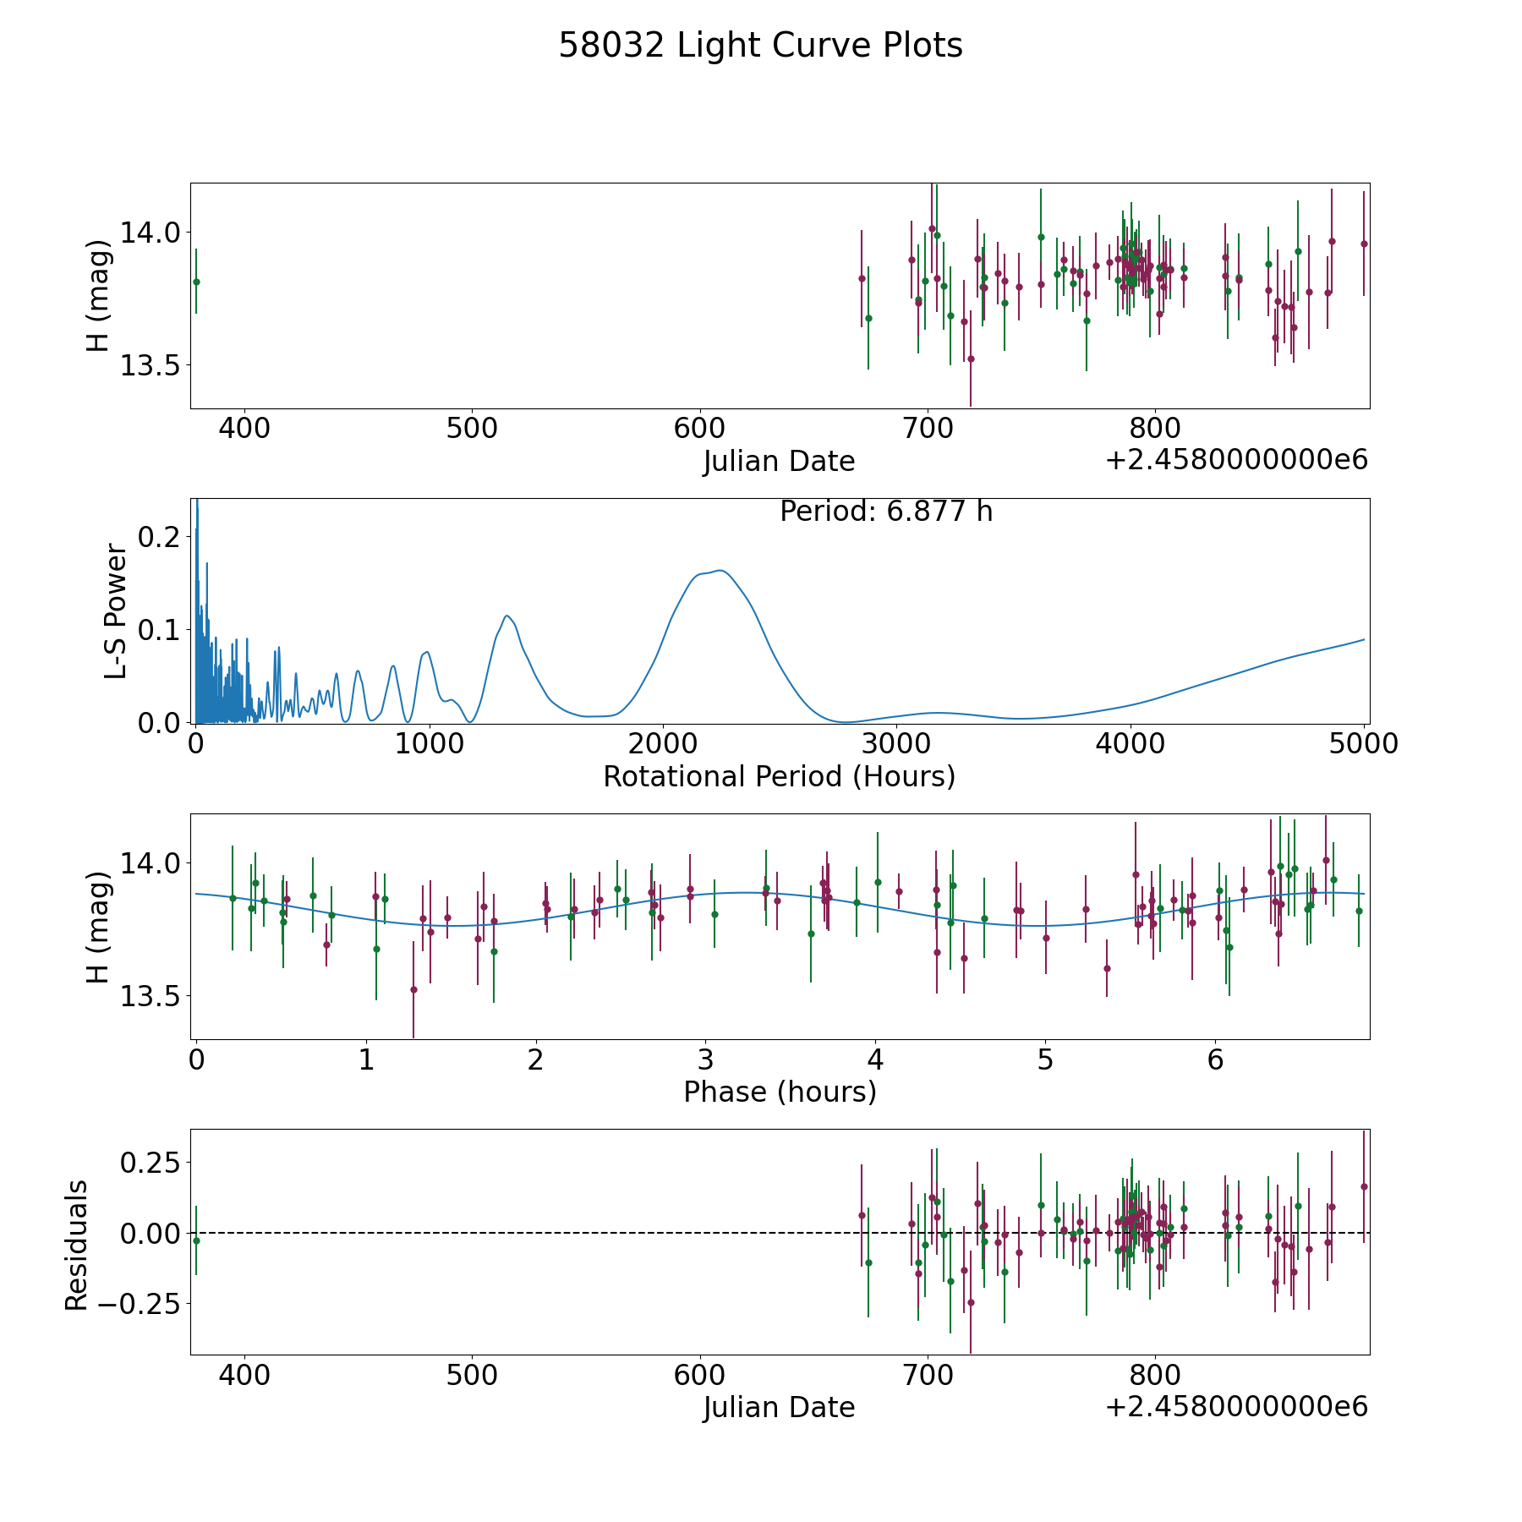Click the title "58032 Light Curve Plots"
point(760,46)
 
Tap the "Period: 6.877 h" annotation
point(886,512)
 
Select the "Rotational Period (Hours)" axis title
point(779,776)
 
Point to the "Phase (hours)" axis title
point(780,1092)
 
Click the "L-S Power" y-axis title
point(117,610)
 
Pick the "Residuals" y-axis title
point(76,1246)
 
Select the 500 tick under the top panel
point(472,428)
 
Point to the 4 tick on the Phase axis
point(875,1059)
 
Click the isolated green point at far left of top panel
point(196,282)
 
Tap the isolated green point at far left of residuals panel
point(196,1240)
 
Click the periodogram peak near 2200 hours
point(720,571)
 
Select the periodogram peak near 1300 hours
point(506,616)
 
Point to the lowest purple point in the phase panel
point(413,989)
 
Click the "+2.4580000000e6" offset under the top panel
point(1236,460)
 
